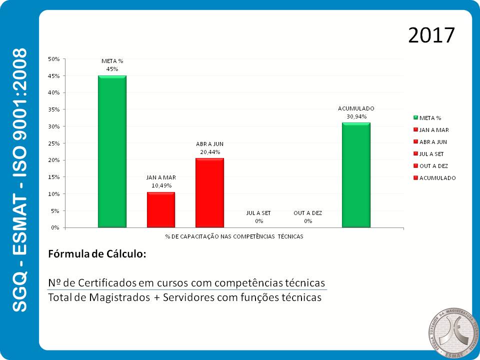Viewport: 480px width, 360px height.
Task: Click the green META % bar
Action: tap(112, 151)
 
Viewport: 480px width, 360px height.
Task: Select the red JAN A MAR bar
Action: tap(161, 210)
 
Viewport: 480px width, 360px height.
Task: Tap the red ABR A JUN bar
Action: tap(209, 193)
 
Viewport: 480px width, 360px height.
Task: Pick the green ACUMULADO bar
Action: tap(356, 175)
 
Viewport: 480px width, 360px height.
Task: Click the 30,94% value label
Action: tap(356, 116)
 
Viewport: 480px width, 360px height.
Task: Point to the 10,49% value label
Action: tap(161, 185)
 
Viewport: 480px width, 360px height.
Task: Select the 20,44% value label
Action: tap(209, 151)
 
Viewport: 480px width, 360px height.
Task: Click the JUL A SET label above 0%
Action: tap(258, 213)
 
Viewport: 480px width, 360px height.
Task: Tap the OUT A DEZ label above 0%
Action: tap(307, 213)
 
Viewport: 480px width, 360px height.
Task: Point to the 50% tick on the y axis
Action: tap(53, 59)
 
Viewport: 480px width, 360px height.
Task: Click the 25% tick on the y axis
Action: tap(53, 143)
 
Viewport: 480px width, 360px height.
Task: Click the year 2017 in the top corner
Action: tap(431, 35)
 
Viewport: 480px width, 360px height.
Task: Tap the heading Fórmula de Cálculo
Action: tap(97, 253)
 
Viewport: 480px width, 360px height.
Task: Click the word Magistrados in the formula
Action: tap(119, 297)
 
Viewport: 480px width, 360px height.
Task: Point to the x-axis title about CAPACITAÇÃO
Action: tap(234, 236)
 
